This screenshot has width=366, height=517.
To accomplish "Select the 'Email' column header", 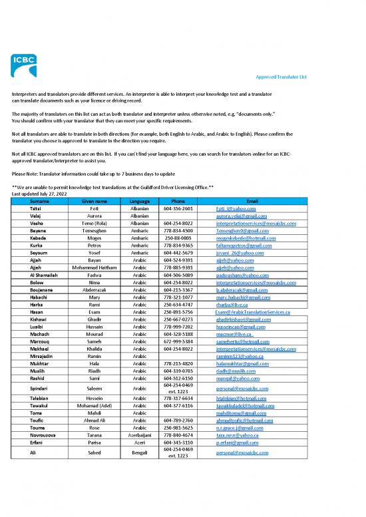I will click(x=252, y=200).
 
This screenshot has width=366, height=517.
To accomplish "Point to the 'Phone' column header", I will click(x=178, y=200).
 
